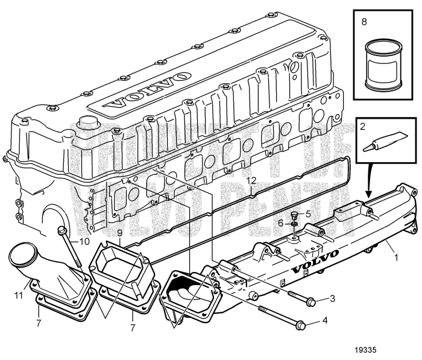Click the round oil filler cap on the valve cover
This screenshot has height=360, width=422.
pyautogui.click(x=89, y=129)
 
